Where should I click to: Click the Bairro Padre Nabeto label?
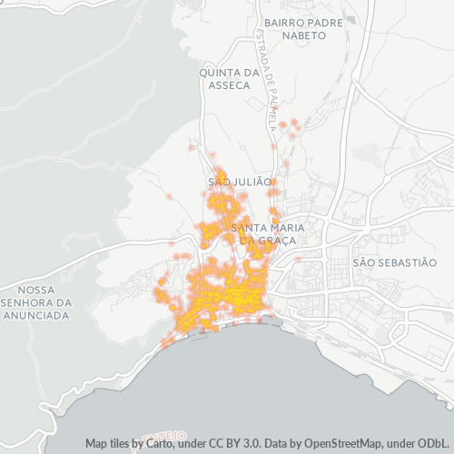pyautogui.click(x=304, y=27)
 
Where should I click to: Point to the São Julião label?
pyautogui.click(x=240, y=182)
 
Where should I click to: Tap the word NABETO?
pyautogui.click(x=304, y=35)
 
